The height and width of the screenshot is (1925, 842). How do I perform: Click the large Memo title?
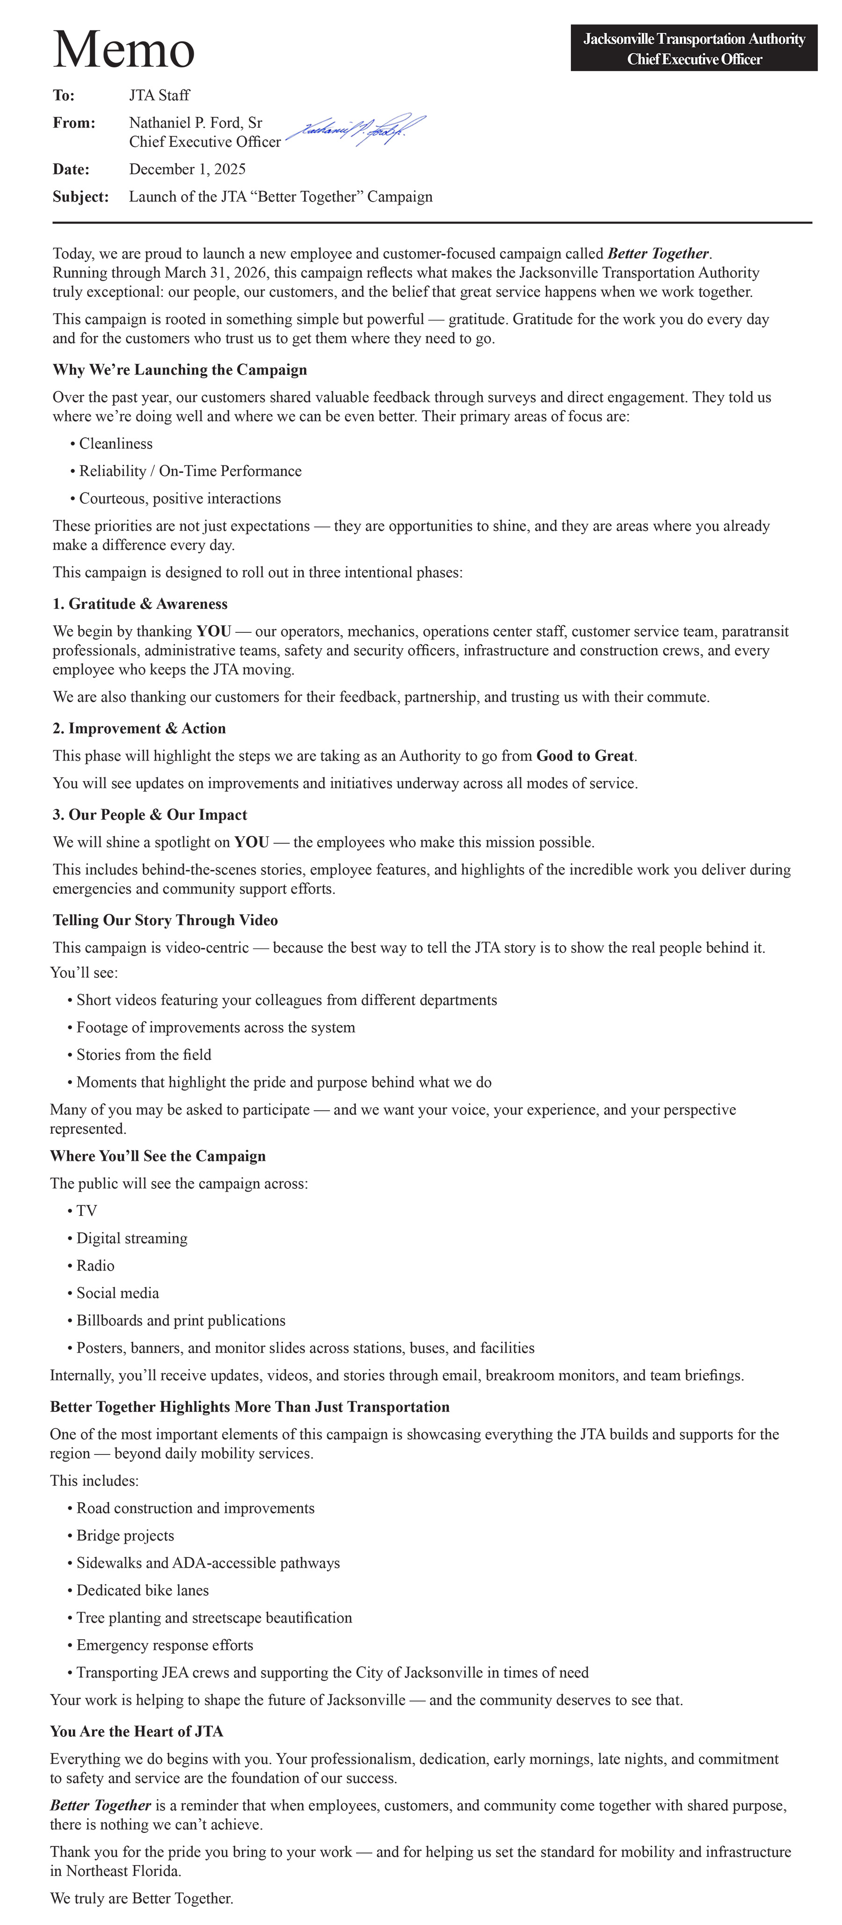124,49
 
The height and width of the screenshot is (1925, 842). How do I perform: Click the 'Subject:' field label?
80,196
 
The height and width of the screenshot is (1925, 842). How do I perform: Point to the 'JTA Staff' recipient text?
159,95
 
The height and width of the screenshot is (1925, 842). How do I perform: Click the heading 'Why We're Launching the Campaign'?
179,370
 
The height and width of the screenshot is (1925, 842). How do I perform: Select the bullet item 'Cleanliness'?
116,444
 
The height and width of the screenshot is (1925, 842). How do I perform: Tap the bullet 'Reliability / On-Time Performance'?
190,471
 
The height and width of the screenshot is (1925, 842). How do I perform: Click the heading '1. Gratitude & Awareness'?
140,604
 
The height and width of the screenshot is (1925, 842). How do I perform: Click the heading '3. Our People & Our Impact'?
149,815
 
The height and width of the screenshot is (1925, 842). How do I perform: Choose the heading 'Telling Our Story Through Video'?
165,920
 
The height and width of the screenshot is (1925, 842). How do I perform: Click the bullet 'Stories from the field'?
144,1055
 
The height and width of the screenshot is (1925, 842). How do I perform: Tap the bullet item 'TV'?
87,1210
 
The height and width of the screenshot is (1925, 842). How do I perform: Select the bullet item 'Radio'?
95,1265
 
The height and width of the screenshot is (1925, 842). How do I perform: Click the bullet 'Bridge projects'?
125,1536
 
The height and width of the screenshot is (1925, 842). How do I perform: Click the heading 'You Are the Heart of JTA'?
137,1731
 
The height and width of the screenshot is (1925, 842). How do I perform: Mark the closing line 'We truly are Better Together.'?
141,1898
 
